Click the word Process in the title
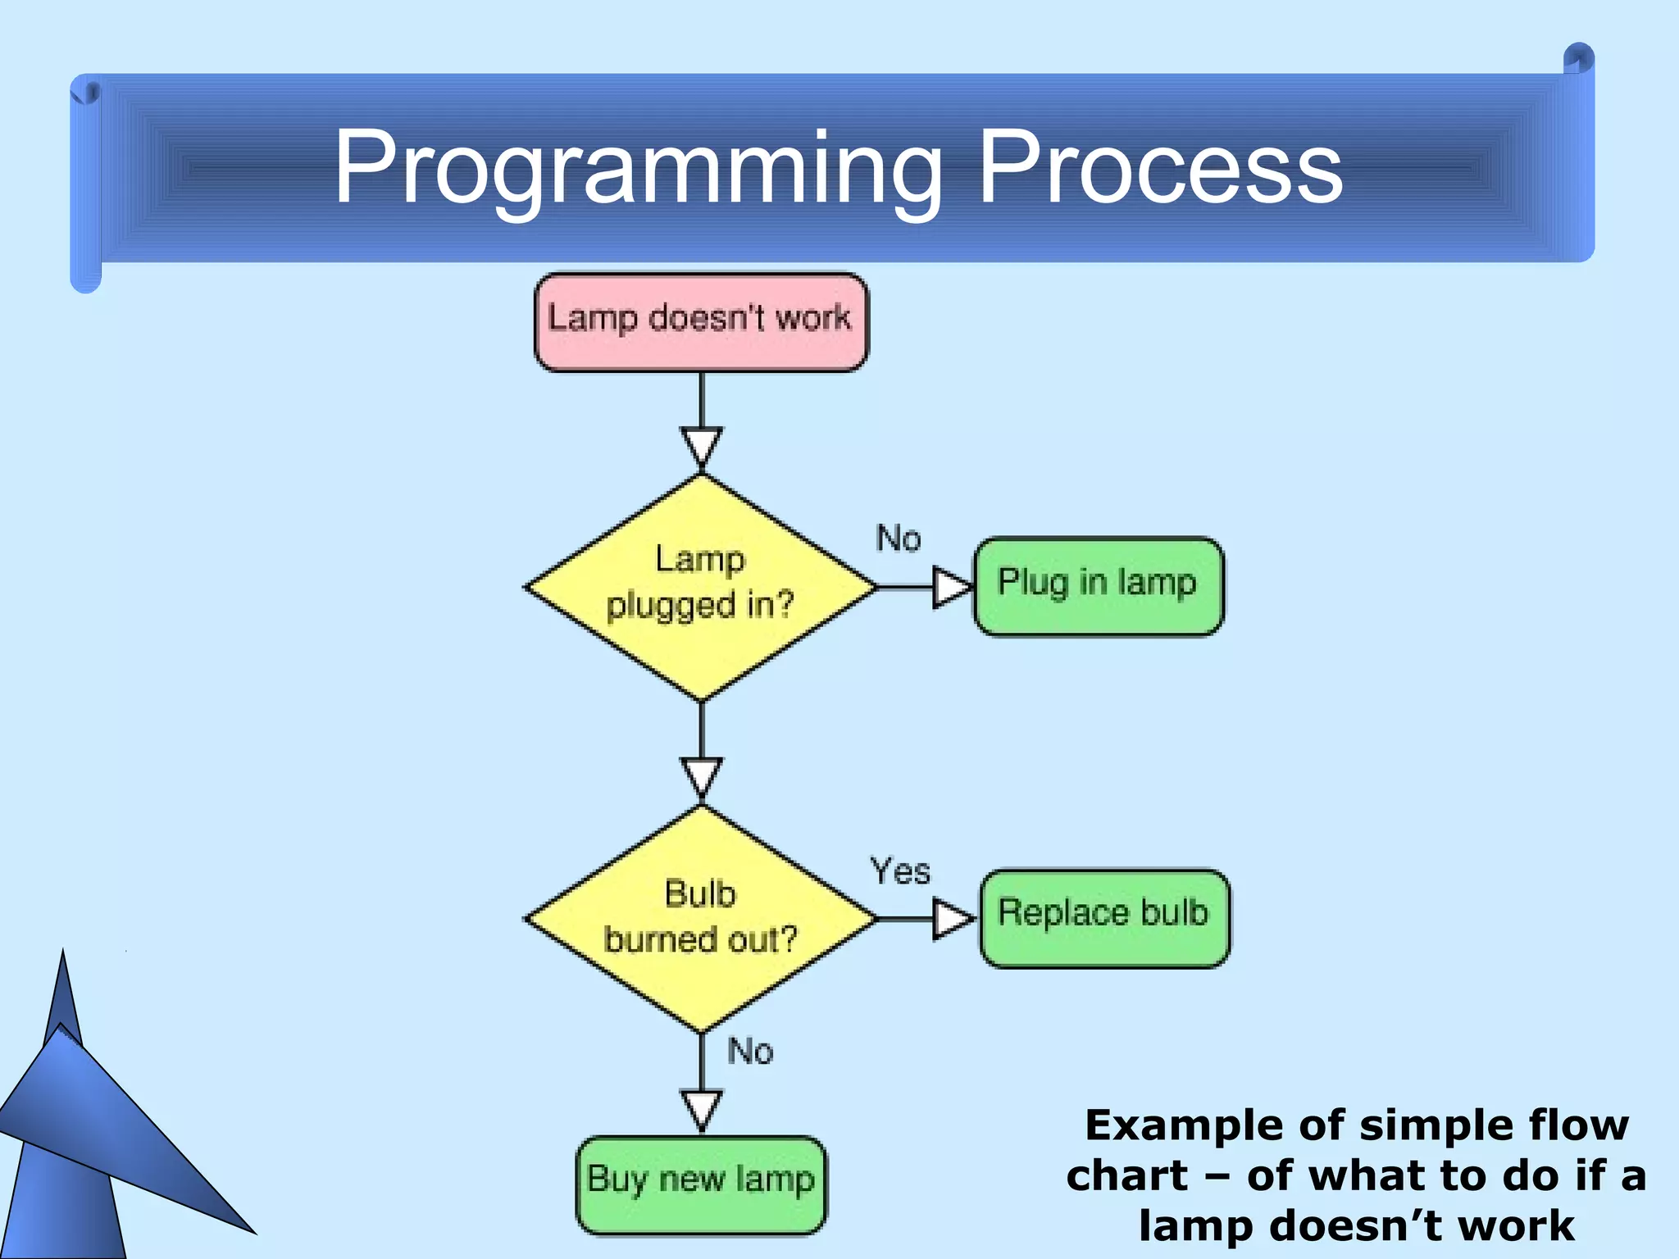tap(1159, 168)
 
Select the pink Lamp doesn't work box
tap(701, 321)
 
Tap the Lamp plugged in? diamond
tap(701, 586)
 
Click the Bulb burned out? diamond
tap(701, 918)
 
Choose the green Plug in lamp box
tap(1098, 585)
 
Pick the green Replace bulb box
tap(1104, 918)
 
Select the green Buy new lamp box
tap(701, 1184)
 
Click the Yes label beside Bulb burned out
tap(900, 870)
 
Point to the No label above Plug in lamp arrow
tap(899, 539)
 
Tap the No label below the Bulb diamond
tap(750, 1051)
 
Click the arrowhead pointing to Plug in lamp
tap(951, 587)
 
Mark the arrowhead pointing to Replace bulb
tap(953, 919)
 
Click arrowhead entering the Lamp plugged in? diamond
tap(702, 447)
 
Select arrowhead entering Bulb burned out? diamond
tap(702, 777)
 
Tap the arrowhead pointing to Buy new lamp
tap(702, 1110)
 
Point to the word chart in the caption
tap(1126, 1175)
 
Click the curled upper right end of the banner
tap(1578, 61)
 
